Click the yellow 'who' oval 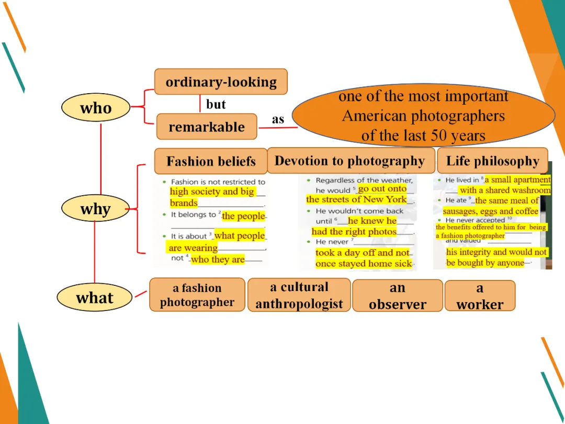pyautogui.click(x=96, y=108)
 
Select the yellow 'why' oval pyautogui.click(x=95, y=209)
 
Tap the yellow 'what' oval pyautogui.click(x=94, y=298)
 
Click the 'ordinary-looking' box pyautogui.click(x=221, y=82)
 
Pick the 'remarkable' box pyautogui.click(x=207, y=127)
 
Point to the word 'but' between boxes pyautogui.click(x=216, y=104)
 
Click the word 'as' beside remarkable pyautogui.click(x=278, y=119)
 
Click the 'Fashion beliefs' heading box pyautogui.click(x=211, y=161)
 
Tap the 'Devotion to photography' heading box pyautogui.click(x=350, y=161)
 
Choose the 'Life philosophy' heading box pyautogui.click(x=492, y=161)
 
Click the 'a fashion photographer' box pyautogui.click(x=197, y=295)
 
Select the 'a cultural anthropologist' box pyautogui.click(x=299, y=295)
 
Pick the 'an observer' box pyautogui.click(x=398, y=296)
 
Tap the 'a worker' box pyautogui.click(x=480, y=296)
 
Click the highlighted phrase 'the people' pyautogui.click(x=243, y=216)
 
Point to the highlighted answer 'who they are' pyautogui.click(x=218, y=260)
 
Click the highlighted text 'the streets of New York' pyautogui.click(x=356, y=199)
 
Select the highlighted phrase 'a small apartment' pyautogui.click(x=517, y=180)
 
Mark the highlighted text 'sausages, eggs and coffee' pyautogui.click(x=491, y=211)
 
